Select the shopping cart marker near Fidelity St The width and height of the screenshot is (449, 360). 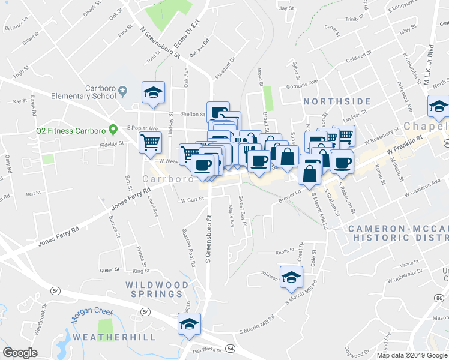click(x=150, y=143)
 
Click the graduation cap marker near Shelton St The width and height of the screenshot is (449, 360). click(x=153, y=92)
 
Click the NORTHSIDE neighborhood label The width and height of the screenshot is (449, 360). click(x=337, y=101)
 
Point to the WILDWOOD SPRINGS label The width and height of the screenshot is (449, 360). click(x=157, y=289)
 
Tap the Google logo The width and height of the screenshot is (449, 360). click(x=20, y=353)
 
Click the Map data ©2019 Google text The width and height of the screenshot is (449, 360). click(x=412, y=355)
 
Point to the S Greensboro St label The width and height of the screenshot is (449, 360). click(x=209, y=240)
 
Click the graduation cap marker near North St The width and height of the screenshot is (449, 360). click(x=438, y=107)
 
